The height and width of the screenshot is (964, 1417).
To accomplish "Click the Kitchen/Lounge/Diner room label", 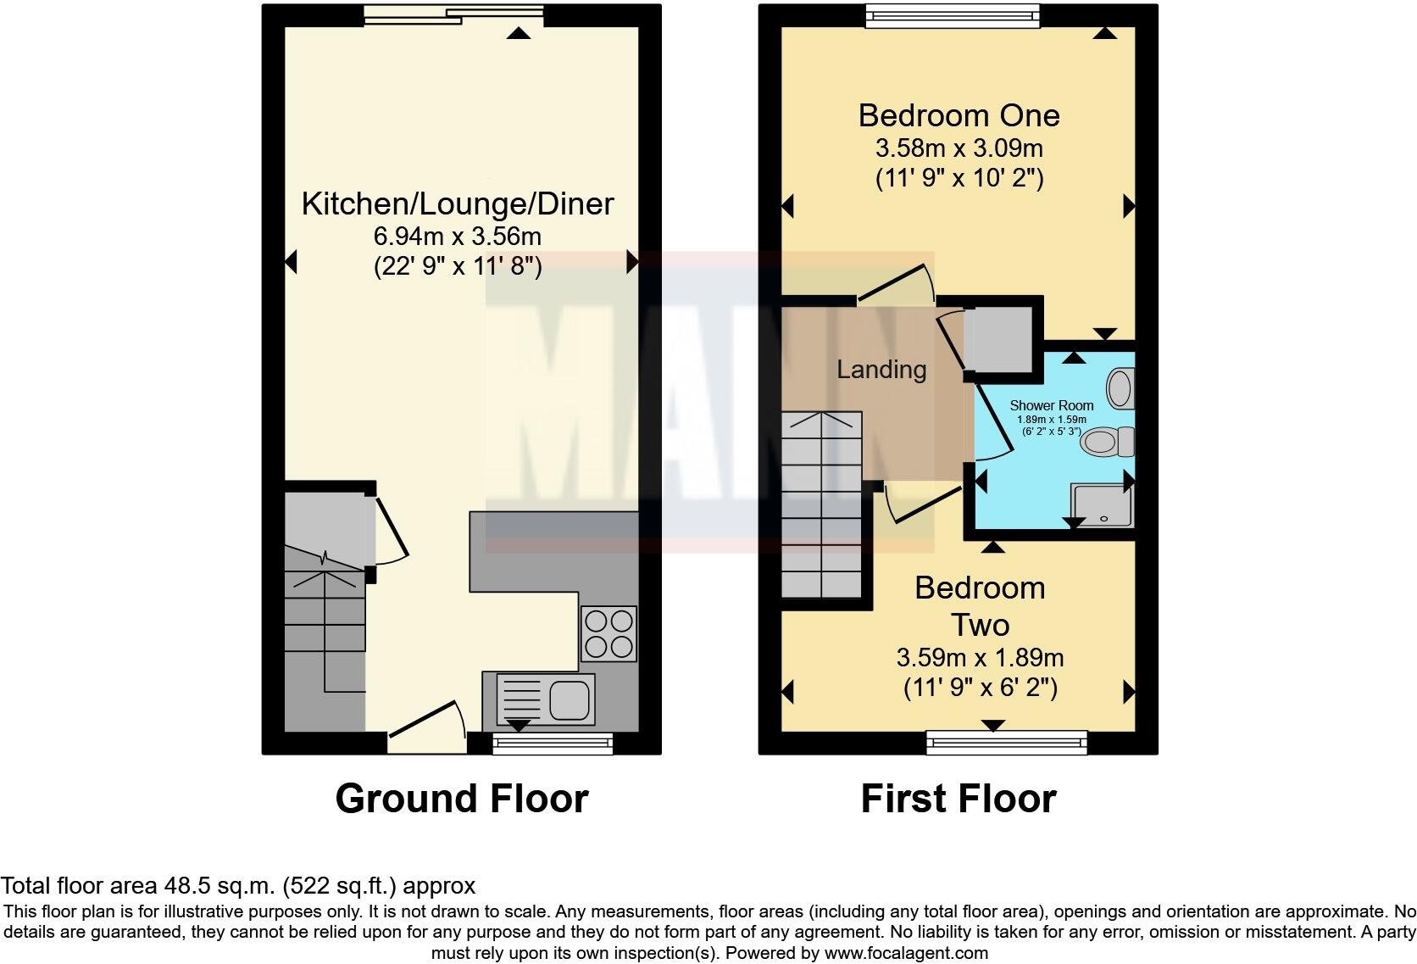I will click(458, 204).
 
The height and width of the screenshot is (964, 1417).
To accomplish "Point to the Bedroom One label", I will click(959, 115).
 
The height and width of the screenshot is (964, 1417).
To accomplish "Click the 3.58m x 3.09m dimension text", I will click(959, 148).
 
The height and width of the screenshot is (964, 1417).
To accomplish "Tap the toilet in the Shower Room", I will click(1105, 442).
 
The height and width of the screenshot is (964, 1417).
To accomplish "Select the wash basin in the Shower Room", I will click(1121, 388).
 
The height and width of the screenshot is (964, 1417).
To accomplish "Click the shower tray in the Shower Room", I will click(1102, 505).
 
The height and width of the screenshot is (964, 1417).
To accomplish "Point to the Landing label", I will click(881, 370).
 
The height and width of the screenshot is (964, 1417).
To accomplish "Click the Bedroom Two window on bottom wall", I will click(1006, 743).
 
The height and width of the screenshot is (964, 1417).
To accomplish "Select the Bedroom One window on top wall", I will click(952, 14).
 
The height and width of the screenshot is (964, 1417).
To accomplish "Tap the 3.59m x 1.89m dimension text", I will click(981, 657).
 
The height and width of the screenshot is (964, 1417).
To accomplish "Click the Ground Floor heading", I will click(462, 799).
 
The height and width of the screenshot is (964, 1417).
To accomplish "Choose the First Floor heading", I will click(959, 799).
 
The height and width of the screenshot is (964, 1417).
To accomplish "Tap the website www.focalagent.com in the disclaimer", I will click(905, 953).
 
